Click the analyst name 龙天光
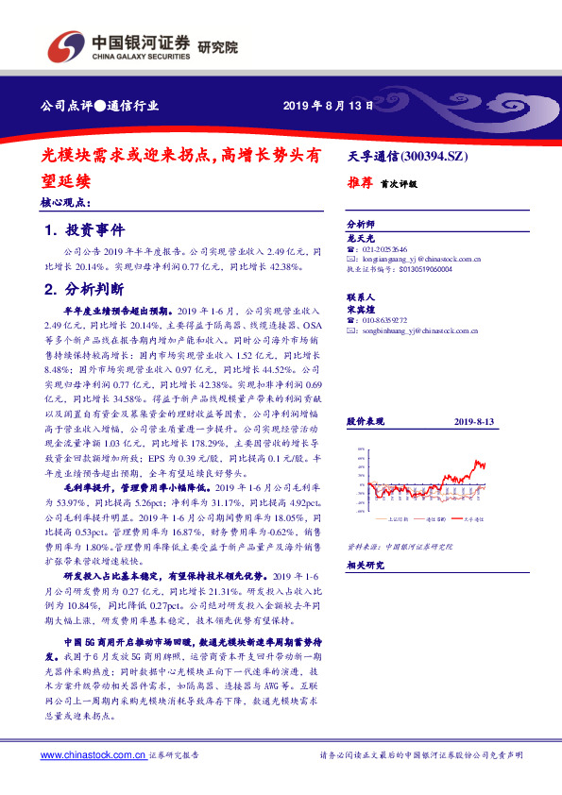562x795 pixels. point(363,237)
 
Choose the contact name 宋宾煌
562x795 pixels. point(363,309)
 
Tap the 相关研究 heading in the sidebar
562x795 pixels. point(365,565)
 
